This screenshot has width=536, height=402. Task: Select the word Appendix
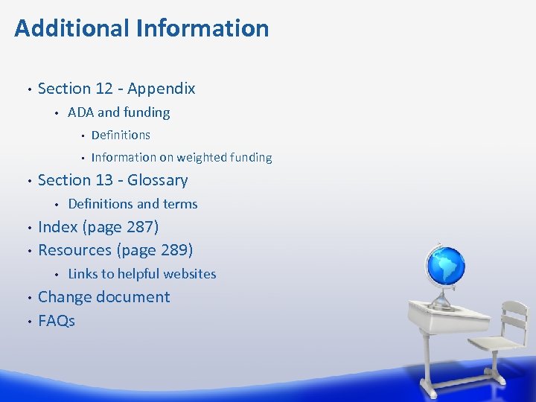(162, 89)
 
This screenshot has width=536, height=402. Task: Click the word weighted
(202, 158)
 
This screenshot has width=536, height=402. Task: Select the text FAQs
(57, 321)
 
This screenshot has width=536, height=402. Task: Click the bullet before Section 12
(28, 89)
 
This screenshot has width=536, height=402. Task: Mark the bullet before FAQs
(28, 322)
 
